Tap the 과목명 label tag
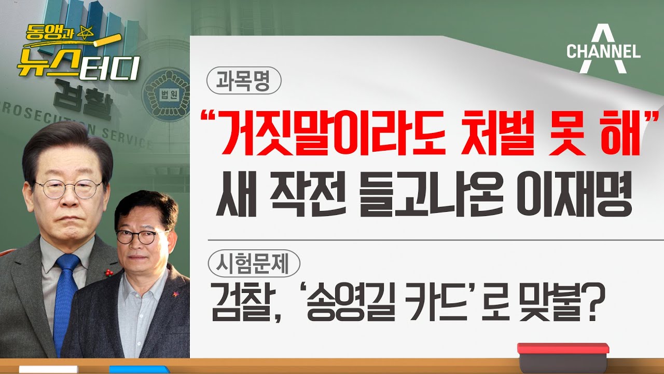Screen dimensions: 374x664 (x=243, y=81)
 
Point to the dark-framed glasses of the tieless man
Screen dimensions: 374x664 (x=135, y=236)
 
